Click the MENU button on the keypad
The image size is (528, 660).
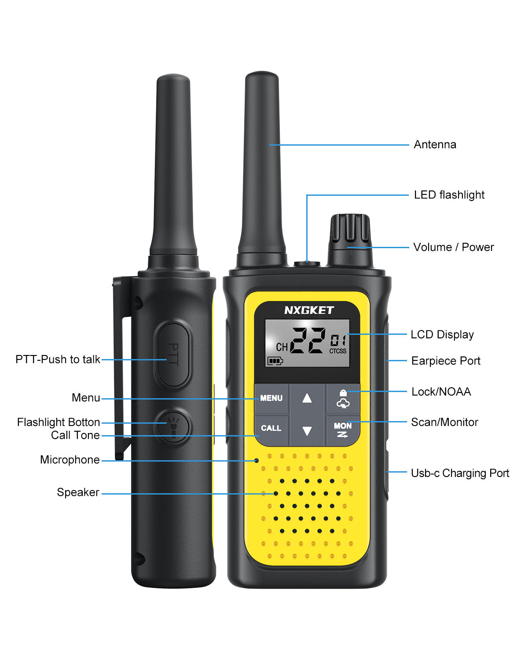pyautogui.click(x=271, y=398)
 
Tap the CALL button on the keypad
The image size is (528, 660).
pyautogui.click(x=271, y=428)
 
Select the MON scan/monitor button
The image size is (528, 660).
pyautogui.click(x=343, y=429)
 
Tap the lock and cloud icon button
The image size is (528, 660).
pyautogui.click(x=343, y=398)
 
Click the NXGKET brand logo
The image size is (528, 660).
pyautogui.click(x=309, y=310)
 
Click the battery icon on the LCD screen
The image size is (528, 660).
pyautogui.click(x=275, y=361)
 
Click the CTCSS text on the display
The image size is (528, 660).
pyautogui.click(x=338, y=351)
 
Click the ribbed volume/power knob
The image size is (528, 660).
pyautogui.click(x=350, y=228)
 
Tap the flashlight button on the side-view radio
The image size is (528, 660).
pyautogui.click(x=173, y=426)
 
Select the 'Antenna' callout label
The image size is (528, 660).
pyautogui.click(x=435, y=145)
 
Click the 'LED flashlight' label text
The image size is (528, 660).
pyautogui.click(x=449, y=195)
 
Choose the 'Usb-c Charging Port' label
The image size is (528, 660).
pyautogui.click(x=460, y=473)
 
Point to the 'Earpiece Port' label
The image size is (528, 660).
pyautogui.click(x=446, y=361)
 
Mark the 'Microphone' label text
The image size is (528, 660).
pyautogui.click(x=70, y=460)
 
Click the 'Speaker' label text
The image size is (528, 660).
pyautogui.click(x=78, y=492)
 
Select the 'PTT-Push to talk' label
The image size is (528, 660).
pyautogui.click(x=58, y=359)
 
